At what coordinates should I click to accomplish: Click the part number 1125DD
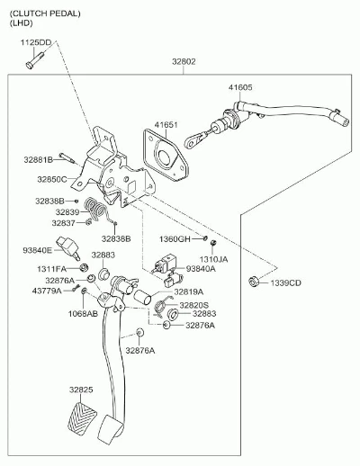(36, 42)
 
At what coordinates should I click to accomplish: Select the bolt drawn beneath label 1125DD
(34, 60)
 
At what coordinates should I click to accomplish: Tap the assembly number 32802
(184, 62)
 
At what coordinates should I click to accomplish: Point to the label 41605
(240, 87)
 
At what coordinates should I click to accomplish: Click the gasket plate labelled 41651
(166, 155)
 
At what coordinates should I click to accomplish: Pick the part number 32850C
(52, 179)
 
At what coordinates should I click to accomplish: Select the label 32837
(64, 223)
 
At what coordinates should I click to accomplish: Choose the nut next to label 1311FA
(84, 267)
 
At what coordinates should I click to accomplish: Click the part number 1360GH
(175, 239)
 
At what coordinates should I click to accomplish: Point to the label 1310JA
(214, 259)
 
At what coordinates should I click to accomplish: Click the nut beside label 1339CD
(254, 282)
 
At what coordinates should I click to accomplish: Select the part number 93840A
(201, 269)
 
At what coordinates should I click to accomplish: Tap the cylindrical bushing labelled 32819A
(142, 297)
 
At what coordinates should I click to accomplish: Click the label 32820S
(193, 305)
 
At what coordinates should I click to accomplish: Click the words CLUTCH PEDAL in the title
(45, 13)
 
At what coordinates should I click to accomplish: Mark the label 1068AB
(83, 314)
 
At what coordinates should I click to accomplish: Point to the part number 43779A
(47, 291)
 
